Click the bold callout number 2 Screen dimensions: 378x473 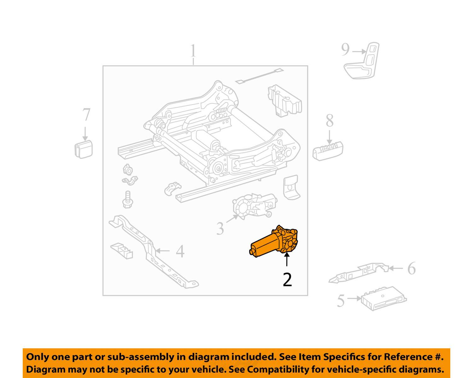point(287,279)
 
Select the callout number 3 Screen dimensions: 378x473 point(220,228)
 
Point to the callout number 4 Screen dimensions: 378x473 point(180,252)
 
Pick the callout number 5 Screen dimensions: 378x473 point(341,301)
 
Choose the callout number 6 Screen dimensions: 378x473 point(411,268)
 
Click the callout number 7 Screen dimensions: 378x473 point(86,115)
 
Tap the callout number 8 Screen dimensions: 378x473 point(330,121)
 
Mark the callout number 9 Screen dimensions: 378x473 point(346,50)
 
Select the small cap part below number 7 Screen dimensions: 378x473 point(84,149)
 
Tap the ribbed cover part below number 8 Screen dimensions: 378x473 point(328,150)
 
